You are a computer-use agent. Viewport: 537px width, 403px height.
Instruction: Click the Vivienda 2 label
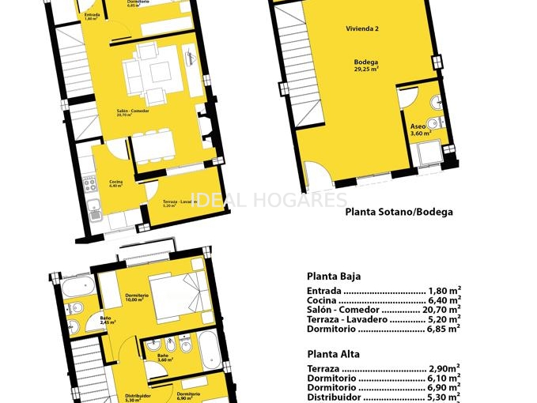(362, 29)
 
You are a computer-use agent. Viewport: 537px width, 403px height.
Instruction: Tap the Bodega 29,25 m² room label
(366, 66)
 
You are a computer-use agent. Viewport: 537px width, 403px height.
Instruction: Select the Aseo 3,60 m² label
(418, 130)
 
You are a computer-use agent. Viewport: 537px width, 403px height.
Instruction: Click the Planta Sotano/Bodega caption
(399, 212)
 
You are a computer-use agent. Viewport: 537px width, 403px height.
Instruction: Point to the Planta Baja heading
(334, 277)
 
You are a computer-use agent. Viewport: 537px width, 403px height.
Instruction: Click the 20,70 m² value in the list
(444, 310)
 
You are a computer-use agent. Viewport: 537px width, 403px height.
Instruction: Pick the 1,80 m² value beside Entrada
(444, 291)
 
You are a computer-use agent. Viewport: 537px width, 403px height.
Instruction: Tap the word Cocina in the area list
(321, 300)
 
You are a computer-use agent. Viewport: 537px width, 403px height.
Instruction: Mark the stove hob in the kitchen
(91, 185)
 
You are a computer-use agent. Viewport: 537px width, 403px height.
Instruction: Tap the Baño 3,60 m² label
(163, 358)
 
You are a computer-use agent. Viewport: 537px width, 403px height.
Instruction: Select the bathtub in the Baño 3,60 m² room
(210, 349)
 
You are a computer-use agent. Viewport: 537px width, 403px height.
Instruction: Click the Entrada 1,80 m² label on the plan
(93, 16)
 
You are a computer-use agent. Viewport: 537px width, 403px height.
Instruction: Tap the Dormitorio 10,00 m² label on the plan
(136, 298)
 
